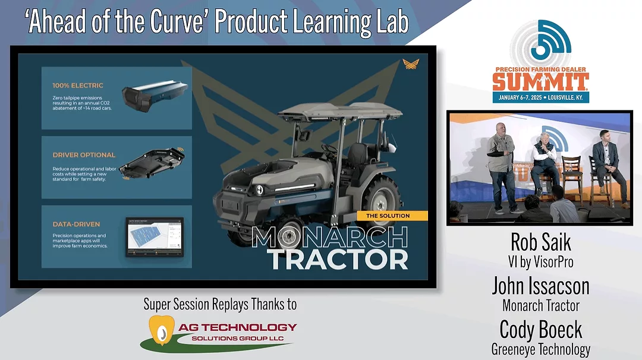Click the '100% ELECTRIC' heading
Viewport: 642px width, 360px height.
(x=78, y=86)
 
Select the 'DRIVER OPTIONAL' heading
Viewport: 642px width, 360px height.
(x=84, y=155)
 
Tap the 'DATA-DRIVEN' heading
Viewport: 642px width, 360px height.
(x=76, y=224)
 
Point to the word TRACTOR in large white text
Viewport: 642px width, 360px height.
(x=337, y=259)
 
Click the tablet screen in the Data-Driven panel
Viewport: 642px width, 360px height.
(x=155, y=236)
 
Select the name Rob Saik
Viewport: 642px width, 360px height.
(x=540, y=242)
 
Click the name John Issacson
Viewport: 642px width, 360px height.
(x=540, y=286)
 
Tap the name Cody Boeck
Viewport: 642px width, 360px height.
(x=540, y=330)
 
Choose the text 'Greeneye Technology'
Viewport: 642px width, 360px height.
(x=540, y=349)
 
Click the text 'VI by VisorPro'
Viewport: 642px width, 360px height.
(x=540, y=262)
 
